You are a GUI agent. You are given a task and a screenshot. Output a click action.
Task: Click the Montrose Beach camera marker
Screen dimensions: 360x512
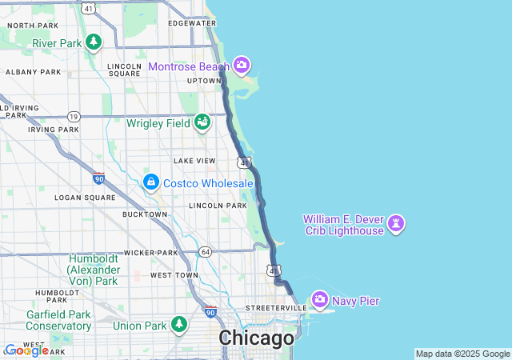pyautogui.click(x=242, y=66)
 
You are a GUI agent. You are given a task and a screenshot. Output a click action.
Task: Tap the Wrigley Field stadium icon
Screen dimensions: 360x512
pyautogui.click(x=202, y=122)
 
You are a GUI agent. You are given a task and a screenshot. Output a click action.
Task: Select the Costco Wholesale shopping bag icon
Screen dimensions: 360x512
pyautogui.click(x=150, y=182)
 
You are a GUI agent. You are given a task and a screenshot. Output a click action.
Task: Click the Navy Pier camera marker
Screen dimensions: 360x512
pyautogui.click(x=320, y=300)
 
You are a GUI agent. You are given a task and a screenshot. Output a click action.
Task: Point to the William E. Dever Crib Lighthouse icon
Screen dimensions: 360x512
pyautogui.click(x=396, y=224)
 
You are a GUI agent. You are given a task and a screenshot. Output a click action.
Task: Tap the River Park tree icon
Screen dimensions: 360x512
pyautogui.click(x=94, y=42)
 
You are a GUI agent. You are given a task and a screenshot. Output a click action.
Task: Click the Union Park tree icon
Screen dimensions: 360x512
pyautogui.click(x=180, y=325)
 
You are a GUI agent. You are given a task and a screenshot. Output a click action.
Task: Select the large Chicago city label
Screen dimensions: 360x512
pyautogui.click(x=256, y=338)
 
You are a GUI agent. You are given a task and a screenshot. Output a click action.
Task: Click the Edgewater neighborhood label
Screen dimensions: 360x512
pyautogui.click(x=192, y=23)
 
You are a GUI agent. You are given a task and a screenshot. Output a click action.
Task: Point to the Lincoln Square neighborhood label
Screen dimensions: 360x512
pyautogui.click(x=124, y=70)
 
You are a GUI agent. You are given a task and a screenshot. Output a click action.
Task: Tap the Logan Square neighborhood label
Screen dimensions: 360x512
pyautogui.click(x=85, y=197)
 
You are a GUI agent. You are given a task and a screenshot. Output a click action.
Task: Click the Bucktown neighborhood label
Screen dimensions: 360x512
pyautogui.click(x=145, y=214)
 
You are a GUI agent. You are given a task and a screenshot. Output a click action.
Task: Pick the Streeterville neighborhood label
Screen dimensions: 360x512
pyautogui.click(x=276, y=307)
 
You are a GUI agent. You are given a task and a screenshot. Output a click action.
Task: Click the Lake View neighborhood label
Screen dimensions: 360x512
pyautogui.click(x=194, y=161)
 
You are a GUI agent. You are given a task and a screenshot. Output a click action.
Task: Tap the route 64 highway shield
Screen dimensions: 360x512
pyautogui.click(x=205, y=253)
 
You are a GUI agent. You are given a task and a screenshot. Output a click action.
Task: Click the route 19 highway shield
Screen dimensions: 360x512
pyautogui.click(x=74, y=116)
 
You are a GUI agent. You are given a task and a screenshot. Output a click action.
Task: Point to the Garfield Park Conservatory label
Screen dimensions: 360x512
pyautogui.click(x=58, y=320)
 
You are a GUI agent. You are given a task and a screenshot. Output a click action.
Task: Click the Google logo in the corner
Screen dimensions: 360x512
pyautogui.click(x=26, y=350)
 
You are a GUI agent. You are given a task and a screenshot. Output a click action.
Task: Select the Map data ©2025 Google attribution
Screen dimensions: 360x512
pyautogui.click(x=462, y=354)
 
